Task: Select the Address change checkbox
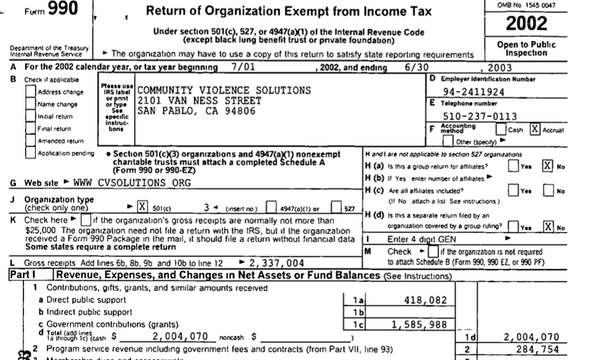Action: (x=32, y=92)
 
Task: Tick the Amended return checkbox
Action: (x=32, y=140)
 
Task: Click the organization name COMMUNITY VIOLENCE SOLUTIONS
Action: (x=225, y=90)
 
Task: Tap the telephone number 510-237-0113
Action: (x=479, y=116)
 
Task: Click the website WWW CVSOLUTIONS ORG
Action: (x=132, y=182)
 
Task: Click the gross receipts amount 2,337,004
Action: (x=277, y=263)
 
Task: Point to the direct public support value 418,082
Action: (x=426, y=299)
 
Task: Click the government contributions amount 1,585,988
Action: (x=420, y=324)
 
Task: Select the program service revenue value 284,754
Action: (x=537, y=349)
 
